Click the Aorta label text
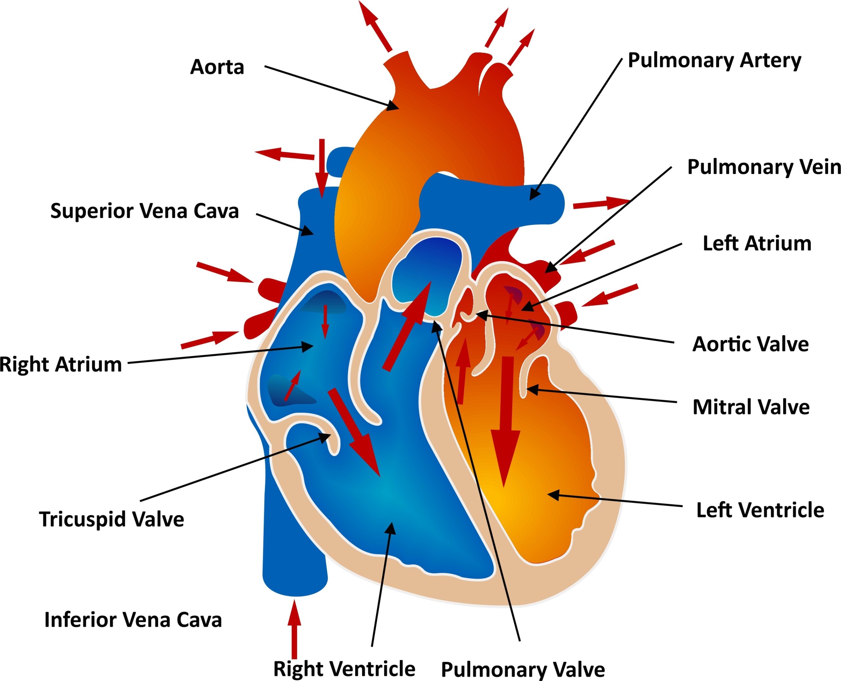(217, 67)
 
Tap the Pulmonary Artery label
(714, 61)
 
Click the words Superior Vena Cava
(145, 211)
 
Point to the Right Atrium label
(61, 364)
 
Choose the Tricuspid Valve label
(111, 519)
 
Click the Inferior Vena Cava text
(133, 620)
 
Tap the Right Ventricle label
(344, 669)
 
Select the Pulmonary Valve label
(523, 669)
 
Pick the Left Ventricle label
(760, 510)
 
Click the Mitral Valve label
(751, 407)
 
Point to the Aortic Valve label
(750, 344)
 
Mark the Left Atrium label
(757, 243)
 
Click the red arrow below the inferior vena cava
(294, 631)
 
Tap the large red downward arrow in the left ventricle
(506, 424)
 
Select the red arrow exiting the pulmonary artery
(601, 203)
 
